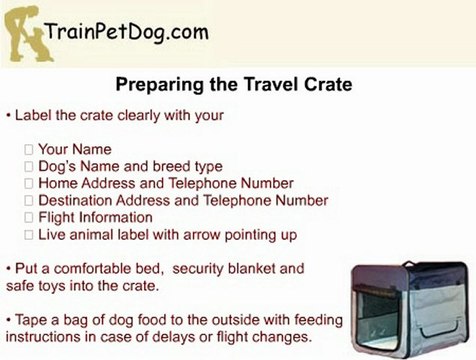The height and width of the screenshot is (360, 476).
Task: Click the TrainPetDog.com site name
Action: pos(127,33)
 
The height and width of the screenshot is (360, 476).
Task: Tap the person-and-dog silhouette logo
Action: pos(28,34)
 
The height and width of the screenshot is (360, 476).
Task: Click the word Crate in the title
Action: pos(328,84)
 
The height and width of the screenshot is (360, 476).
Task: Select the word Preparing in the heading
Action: pos(159,85)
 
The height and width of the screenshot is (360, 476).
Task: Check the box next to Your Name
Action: pos(29,149)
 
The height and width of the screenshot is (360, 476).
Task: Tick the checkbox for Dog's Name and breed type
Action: pos(29,166)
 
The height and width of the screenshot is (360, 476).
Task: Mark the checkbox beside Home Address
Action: pos(29,183)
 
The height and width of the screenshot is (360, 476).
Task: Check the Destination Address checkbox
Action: pos(29,200)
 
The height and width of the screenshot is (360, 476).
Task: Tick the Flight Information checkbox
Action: pos(29,218)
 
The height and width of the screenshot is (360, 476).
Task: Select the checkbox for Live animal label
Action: pos(29,235)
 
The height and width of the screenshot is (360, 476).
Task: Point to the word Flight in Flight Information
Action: pos(57,218)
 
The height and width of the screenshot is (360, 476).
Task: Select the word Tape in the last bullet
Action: pos(32,320)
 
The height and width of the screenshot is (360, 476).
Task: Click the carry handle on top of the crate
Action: pos(411,263)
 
